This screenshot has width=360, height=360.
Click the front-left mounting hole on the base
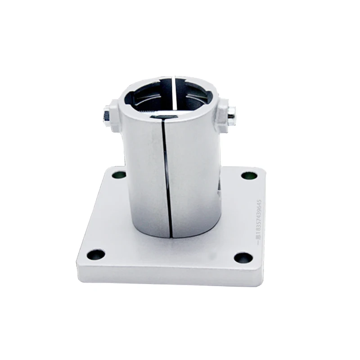tap(95, 255)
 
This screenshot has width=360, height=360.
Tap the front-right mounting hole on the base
tap(243, 258)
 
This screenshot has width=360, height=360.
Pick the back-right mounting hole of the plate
tap(246, 175)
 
